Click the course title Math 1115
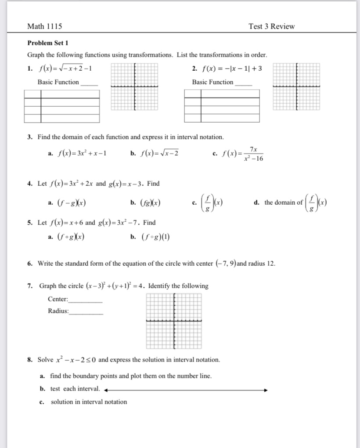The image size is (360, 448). (44, 26)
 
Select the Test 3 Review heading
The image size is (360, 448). (271, 26)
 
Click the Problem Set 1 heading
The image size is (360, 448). (48, 43)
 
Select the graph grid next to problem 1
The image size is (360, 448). (134, 87)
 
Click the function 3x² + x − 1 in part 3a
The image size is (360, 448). (82, 154)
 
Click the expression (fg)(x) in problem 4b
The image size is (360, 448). (150, 203)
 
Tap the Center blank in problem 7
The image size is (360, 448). (86, 300)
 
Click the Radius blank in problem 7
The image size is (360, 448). (86, 312)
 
